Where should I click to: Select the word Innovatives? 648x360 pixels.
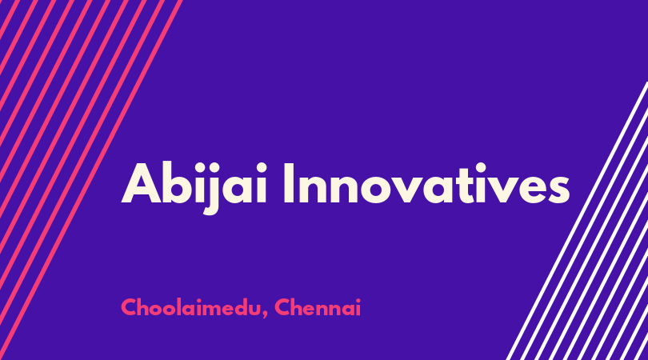click(x=426, y=183)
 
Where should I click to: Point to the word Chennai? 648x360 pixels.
click(x=318, y=307)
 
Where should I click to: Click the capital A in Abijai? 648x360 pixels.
click(x=141, y=183)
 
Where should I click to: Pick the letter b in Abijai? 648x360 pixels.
click(x=180, y=183)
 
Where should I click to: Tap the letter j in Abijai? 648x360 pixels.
click(x=210, y=189)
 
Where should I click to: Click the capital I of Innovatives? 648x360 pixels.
click(x=289, y=183)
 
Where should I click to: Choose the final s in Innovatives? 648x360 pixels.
click(x=558, y=190)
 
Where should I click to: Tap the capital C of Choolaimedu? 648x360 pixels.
click(x=129, y=307)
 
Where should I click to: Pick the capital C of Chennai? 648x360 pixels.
click(x=282, y=307)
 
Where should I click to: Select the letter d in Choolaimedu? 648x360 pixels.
click(x=234, y=307)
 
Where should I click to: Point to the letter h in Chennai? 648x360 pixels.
click(x=299, y=307)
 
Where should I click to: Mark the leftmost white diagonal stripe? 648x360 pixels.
click(x=577, y=221)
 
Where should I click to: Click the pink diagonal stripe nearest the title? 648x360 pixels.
click(x=91, y=180)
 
